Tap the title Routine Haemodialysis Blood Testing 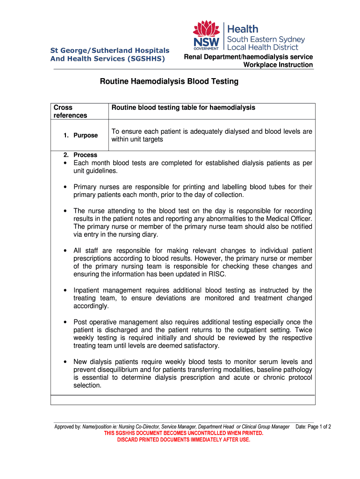[169, 81]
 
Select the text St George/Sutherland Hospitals [110, 51]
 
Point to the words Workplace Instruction [278, 65]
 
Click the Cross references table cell [70, 111]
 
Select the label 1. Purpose [81, 135]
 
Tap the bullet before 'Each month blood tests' [65, 163]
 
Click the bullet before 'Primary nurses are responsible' [65, 187]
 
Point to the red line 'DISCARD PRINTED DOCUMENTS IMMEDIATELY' [183, 440]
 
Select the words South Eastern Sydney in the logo [266, 39]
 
